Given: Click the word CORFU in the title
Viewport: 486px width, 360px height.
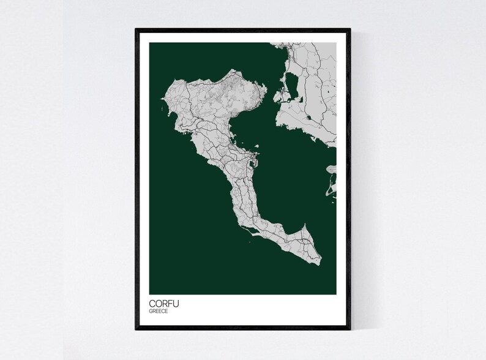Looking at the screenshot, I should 164,302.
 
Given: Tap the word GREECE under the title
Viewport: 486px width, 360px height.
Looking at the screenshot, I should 159,311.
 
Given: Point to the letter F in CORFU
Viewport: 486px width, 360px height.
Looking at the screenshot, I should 171,302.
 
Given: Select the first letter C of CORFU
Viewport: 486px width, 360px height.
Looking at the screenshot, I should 152,302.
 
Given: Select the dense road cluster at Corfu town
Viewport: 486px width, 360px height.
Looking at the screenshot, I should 247,160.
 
